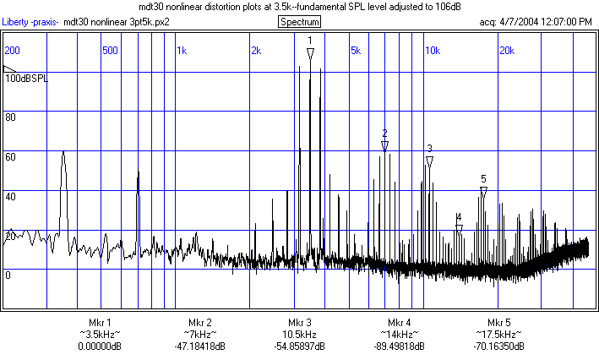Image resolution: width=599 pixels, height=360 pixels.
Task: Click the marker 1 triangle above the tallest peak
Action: tap(310, 53)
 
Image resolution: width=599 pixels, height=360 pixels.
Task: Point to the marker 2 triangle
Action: tap(384, 146)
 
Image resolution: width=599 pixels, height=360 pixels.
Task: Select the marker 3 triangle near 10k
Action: tap(429, 161)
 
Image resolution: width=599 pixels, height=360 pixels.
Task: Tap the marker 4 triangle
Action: tap(459, 229)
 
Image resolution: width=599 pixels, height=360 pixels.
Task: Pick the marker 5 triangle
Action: tap(483, 192)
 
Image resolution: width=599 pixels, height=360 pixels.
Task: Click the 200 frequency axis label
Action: tap(13, 50)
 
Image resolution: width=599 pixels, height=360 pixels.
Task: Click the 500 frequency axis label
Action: tap(110, 50)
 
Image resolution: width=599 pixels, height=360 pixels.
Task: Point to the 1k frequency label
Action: tap(182, 50)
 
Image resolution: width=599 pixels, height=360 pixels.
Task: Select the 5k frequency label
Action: tap(356, 50)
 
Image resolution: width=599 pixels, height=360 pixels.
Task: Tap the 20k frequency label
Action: tap(506, 50)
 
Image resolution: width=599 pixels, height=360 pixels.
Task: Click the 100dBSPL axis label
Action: tap(27, 78)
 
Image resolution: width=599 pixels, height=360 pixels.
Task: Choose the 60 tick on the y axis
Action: tap(11, 156)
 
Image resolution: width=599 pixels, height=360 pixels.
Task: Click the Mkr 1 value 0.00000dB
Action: tap(99, 346)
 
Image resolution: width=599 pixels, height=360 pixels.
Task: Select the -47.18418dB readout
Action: tap(199, 346)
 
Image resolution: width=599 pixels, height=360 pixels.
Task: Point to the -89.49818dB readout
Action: tap(400, 346)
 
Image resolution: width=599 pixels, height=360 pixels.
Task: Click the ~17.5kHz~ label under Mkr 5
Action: tap(499, 335)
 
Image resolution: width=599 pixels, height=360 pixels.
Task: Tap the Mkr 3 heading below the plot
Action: tap(299, 323)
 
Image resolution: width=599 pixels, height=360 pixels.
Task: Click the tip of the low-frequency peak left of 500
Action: tap(63, 153)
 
